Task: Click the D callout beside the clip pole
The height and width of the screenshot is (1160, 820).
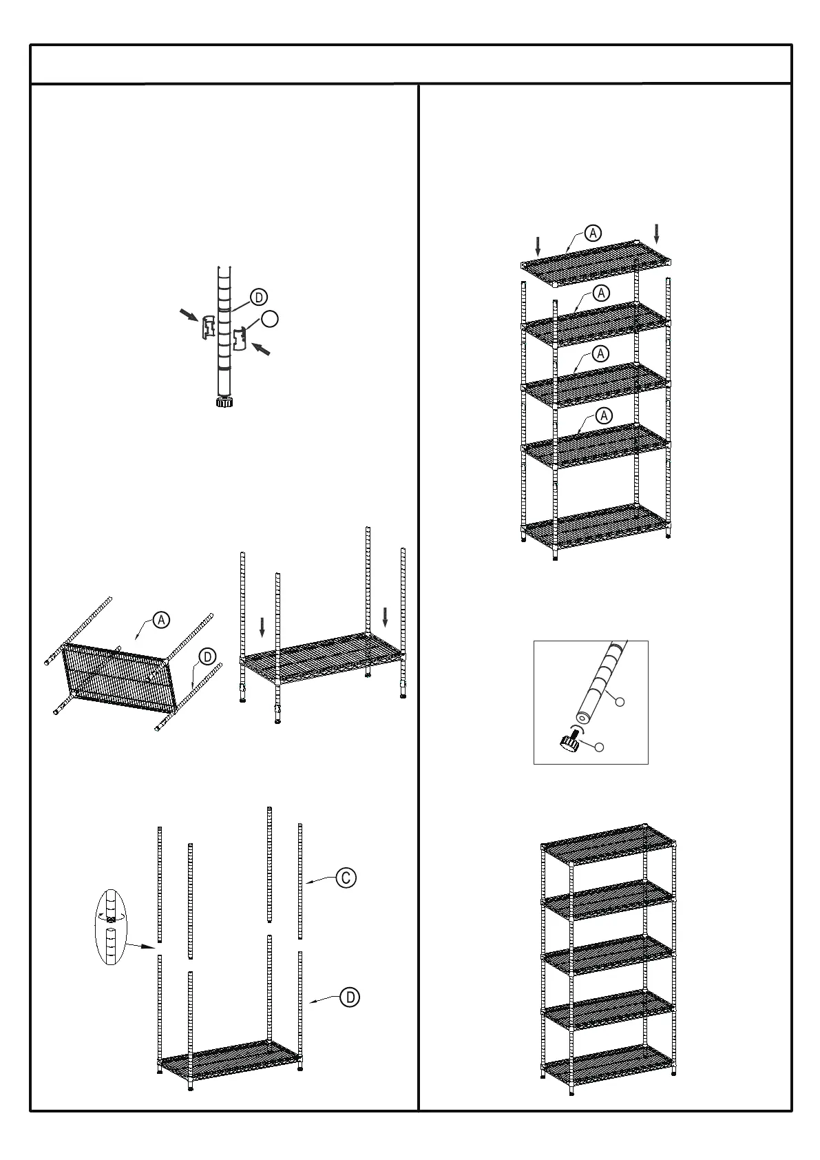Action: [258, 298]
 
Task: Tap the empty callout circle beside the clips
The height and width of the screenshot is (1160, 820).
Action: [271, 318]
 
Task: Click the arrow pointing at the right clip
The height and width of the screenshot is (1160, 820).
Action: [261, 349]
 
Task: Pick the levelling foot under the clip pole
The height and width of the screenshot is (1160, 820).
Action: [224, 402]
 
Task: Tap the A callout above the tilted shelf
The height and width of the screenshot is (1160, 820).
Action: [160, 619]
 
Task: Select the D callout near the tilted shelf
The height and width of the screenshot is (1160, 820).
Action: [206, 656]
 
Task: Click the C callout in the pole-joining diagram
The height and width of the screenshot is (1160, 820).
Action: [346, 878]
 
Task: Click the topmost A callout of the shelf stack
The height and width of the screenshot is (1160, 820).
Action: [593, 233]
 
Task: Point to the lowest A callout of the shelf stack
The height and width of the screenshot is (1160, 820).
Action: [604, 415]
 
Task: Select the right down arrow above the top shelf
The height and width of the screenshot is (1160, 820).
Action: [657, 233]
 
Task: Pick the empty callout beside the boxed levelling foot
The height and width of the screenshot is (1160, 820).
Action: [599, 746]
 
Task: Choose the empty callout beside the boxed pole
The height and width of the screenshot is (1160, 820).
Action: [619, 701]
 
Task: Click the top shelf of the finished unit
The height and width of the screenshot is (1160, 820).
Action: [608, 842]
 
